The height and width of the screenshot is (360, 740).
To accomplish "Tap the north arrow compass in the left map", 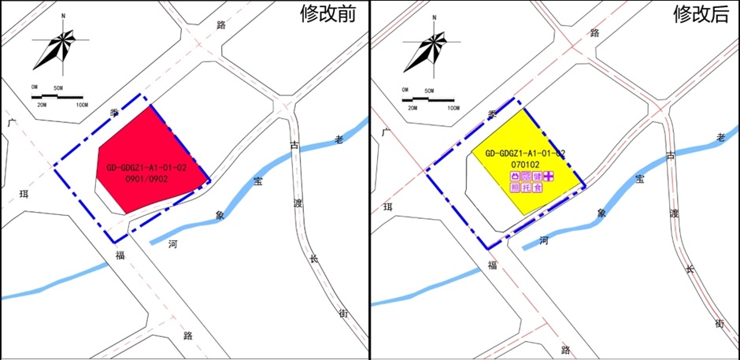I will [53, 50].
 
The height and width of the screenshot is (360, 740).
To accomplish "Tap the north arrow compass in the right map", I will [426, 50].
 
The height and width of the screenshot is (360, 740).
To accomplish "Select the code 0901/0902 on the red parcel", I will [147, 179].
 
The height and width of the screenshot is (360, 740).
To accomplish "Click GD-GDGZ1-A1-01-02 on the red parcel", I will [147, 167].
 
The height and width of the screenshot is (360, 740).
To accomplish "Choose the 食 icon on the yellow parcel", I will [538, 189].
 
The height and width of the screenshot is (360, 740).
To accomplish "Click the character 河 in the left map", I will [172, 244].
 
